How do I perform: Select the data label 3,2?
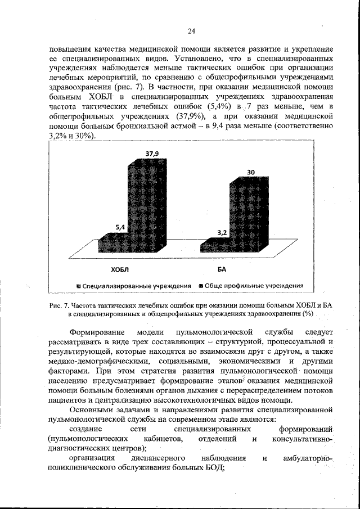tap(223, 232)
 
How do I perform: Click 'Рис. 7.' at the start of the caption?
tap(58, 305)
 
